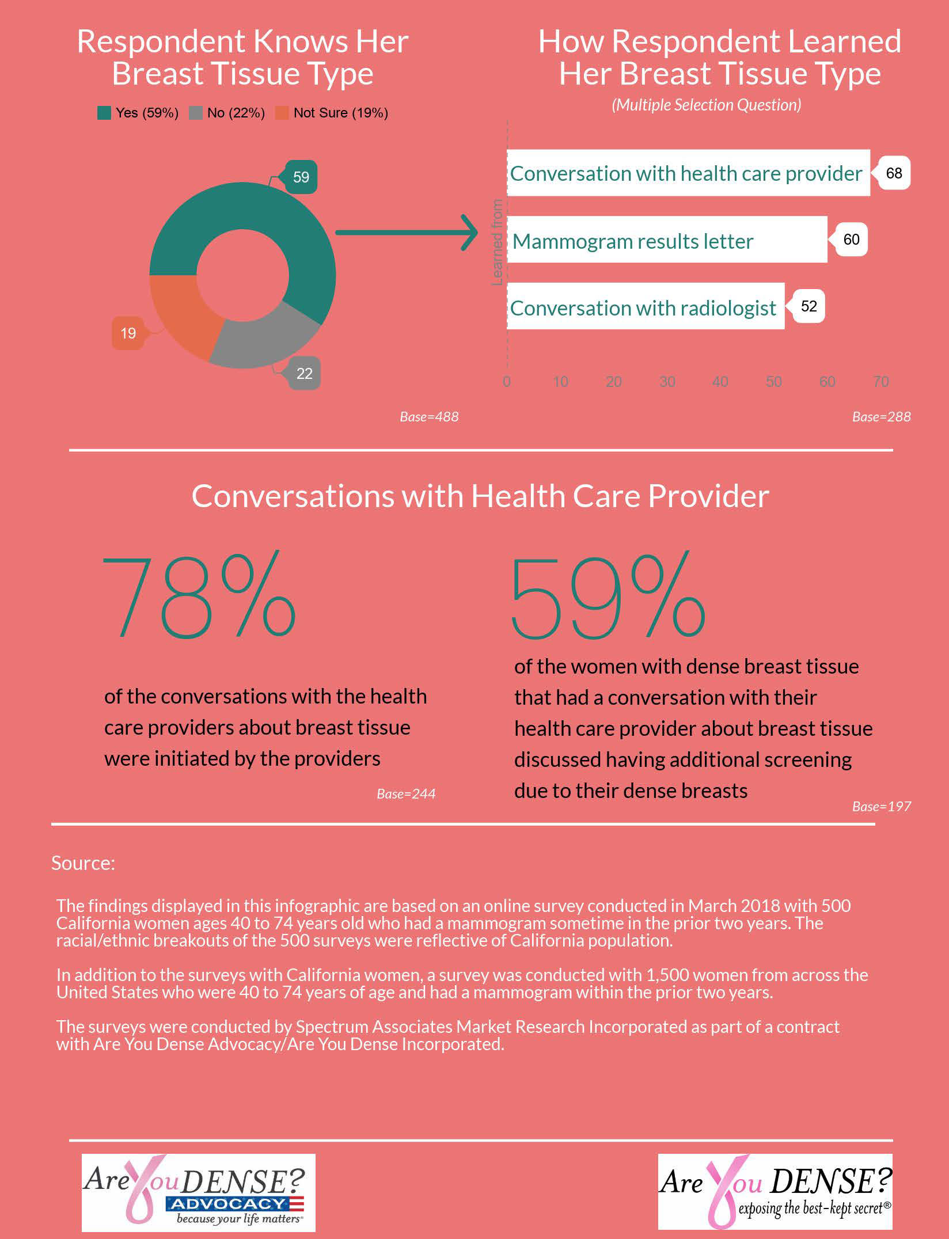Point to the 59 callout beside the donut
pos(301,177)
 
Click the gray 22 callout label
pos(304,374)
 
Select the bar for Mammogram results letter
pos(667,240)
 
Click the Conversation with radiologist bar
pos(646,306)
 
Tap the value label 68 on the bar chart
pos(894,173)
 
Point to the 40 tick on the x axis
pos(720,382)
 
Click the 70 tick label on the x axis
pos(880,382)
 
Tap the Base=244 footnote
pos(405,794)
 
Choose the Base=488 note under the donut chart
pos(429,417)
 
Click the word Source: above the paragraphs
pos(83,863)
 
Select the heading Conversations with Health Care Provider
pos(480,496)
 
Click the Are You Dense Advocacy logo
pos(198,1192)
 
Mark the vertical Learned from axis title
pos(497,242)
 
